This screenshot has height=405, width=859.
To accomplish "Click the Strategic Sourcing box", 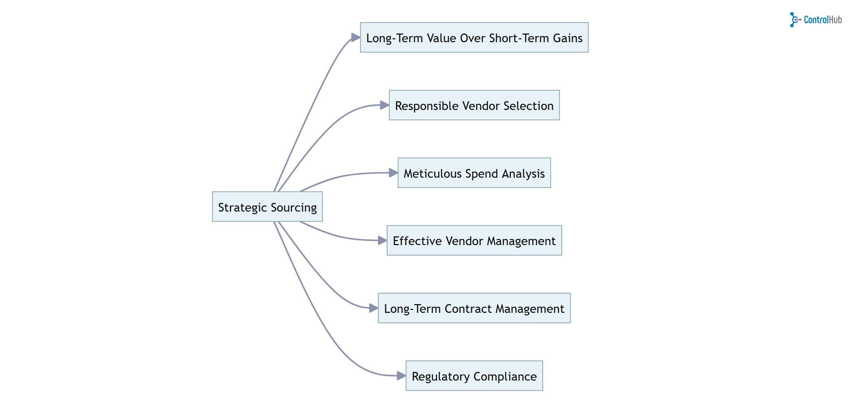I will [x=267, y=207].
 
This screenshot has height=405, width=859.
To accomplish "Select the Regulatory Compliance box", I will [x=474, y=375].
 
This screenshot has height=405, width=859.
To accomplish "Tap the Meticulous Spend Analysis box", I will [x=474, y=173].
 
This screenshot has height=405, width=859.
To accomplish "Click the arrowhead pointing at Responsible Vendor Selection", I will [x=384, y=105].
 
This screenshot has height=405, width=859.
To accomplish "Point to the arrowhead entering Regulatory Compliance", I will [x=401, y=375].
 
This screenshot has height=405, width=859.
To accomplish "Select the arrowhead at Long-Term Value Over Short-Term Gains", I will [x=355, y=38].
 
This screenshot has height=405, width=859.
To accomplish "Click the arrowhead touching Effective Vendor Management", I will [x=382, y=240].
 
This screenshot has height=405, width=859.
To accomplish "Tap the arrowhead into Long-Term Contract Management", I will [x=373, y=308].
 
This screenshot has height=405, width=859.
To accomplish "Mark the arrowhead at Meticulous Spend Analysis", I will [x=393, y=173].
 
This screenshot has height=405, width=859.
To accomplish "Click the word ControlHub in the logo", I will [x=823, y=20].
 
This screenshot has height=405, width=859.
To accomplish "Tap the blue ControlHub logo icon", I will [x=794, y=20].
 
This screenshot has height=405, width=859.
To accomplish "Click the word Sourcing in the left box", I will [x=293, y=207].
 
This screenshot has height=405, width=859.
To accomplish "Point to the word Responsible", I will [x=426, y=106].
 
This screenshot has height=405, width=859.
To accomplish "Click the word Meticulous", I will [x=432, y=174].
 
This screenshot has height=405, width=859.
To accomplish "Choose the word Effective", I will [x=417, y=241].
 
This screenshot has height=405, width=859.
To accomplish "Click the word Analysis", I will [x=523, y=174].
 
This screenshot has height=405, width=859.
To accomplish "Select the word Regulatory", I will [x=440, y=376].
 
